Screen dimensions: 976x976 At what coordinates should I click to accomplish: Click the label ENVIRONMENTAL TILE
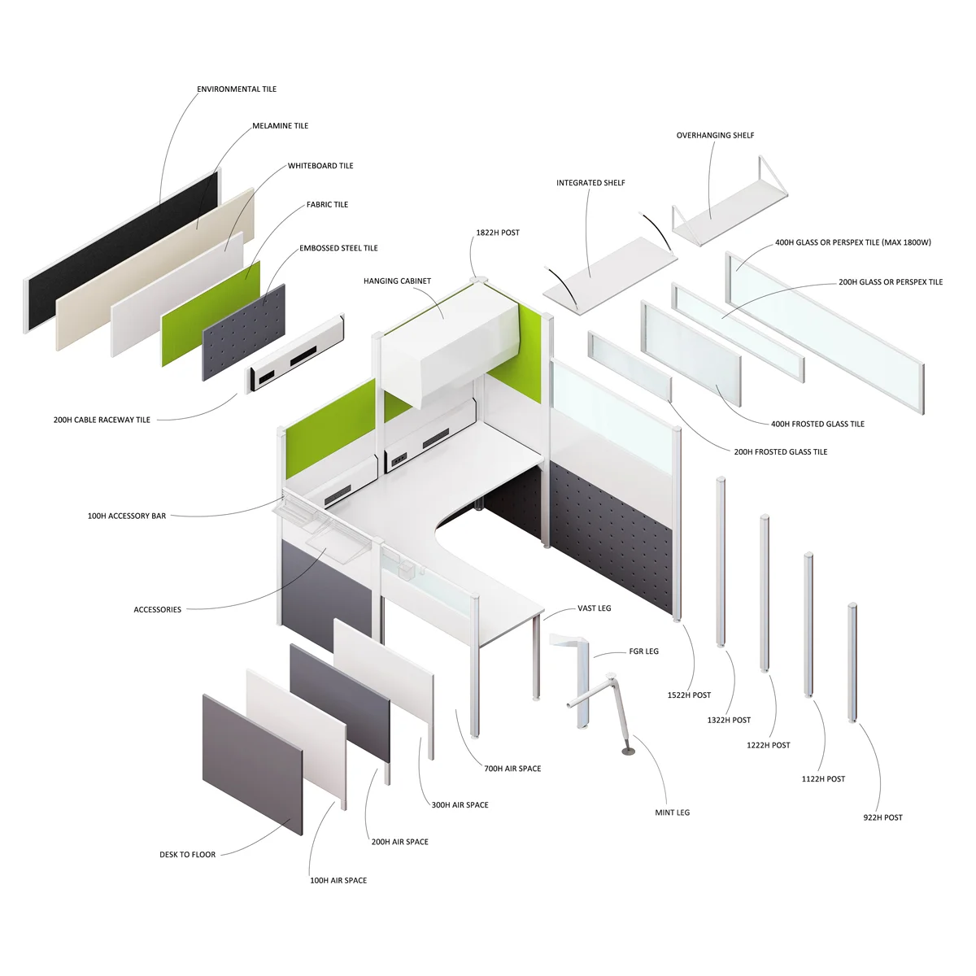coord(237,89)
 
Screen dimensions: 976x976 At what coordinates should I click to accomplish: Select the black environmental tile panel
coord(122,248)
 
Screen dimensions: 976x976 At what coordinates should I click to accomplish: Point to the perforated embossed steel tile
coord(244,333)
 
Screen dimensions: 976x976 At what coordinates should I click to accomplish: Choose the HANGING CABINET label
coord(397,281)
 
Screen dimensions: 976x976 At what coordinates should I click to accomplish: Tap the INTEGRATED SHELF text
coord(590,183)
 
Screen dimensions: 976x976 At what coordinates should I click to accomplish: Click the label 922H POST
coord(882,817)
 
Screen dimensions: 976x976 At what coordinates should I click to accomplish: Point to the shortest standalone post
coord(852,663)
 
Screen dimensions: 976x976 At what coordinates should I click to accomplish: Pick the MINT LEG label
coord(672,813)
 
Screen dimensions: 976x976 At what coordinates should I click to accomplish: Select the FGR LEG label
coord(643,651)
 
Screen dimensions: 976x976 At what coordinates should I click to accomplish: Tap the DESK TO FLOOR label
coord(187,855)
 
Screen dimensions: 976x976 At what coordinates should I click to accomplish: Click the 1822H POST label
coord(498,233)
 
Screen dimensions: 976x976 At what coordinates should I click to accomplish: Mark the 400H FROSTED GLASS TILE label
coord(817,424)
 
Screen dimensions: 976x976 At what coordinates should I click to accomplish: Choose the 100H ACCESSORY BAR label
coord(127,516)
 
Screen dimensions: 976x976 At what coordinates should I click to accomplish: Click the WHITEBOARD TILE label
coord(320,166)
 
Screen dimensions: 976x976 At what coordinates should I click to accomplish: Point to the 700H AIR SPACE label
coord(512,769)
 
